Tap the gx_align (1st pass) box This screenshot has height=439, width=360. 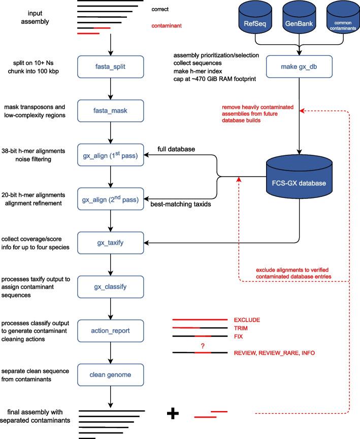(x=110, y=153)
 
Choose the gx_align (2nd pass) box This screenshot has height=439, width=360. (x=110, y=196)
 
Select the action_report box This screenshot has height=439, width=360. (x=110, y=330)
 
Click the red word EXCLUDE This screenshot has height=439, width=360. (x=247, y=320)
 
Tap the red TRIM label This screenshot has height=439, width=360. (x=241, y=328)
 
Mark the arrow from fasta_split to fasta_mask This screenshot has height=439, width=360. (x=110, y=87)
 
